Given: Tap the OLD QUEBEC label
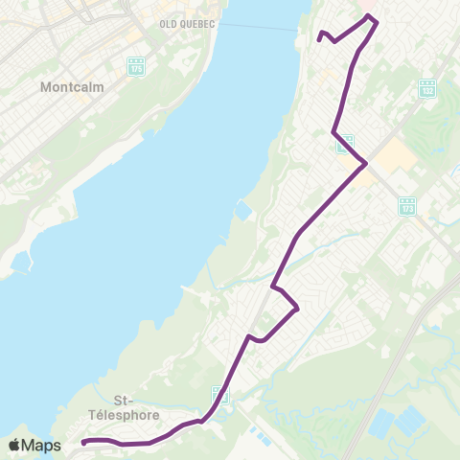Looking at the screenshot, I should coord(187,22).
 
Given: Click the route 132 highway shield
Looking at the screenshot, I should coord(427,88).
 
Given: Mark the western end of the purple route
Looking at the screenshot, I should coord(83,442).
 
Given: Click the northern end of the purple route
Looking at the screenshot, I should coord(319,39).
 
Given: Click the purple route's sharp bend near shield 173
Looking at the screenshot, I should coord(365,164).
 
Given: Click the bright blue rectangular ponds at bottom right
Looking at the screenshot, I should coord(398,423).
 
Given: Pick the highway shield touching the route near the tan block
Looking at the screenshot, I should coord(344,144).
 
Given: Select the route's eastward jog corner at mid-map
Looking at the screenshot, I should coord(298,308).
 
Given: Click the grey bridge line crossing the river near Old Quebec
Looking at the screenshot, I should coord(259,29).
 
